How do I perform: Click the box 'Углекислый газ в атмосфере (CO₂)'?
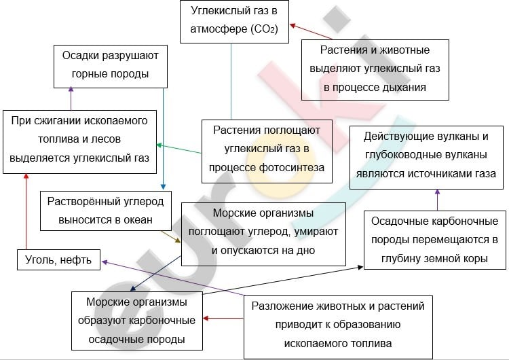point(234,22)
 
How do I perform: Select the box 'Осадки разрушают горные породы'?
point(111,67)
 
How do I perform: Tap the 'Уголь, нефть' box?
point(59,260)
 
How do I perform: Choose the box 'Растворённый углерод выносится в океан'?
point(106,211)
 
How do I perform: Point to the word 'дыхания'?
point(407,88)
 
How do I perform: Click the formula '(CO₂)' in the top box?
point(264,29)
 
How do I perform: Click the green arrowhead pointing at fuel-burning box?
point(159,145)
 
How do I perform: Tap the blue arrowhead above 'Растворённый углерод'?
point(163,187)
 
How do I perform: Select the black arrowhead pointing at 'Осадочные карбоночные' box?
point(360,267)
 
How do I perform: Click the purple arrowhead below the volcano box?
point(437,192)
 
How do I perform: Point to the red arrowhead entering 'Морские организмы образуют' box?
point(206,318)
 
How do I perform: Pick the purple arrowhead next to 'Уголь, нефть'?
point(105,262)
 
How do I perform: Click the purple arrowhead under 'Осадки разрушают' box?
point(71,89)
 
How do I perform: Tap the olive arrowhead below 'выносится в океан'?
point(178,240)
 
